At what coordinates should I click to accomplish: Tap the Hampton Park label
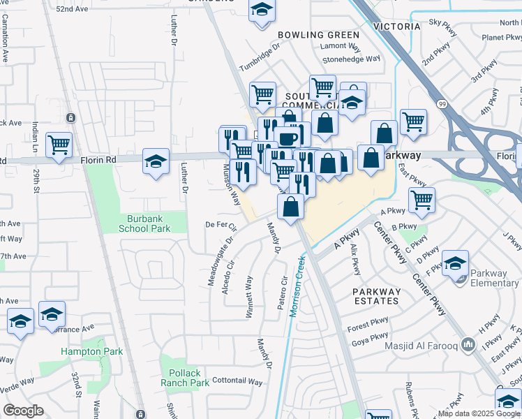point(91,352)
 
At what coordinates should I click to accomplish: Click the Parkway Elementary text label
point(493,278)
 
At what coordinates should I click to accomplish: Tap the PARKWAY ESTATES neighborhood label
point(376,296)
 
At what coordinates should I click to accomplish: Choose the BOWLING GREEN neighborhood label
point(318,35)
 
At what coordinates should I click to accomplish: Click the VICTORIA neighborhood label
point(397,27)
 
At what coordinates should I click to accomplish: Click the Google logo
point(23,411)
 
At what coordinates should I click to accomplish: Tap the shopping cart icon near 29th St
point(59,145)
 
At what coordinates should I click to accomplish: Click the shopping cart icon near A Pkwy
point(422,200)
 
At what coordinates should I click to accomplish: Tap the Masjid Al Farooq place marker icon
point(468,345)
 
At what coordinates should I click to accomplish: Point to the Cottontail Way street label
point(237,382)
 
